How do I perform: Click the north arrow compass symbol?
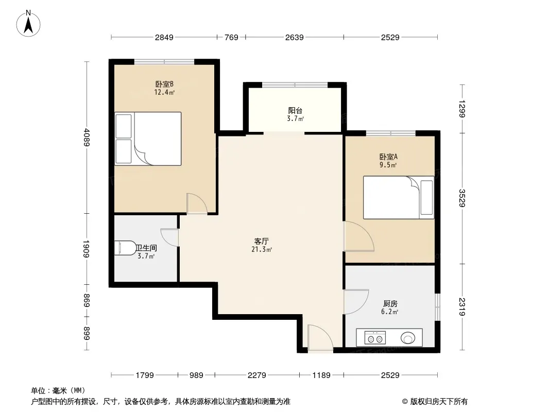(x=28, y=24)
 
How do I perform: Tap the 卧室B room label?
(x=165, y=84)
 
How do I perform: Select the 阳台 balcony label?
(x=295, y=111)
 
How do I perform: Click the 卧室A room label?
(x=388, y=157)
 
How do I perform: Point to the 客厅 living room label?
(x=262, y=241)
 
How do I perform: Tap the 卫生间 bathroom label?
(x=146, y=248)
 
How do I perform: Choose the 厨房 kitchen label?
(x=390, y=303)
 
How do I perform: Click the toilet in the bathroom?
(x=125, y=248)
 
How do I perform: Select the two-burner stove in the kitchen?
(x=375, y=338)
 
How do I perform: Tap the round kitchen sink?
(x=407, y=338)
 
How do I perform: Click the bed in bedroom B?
(x=148, y=139)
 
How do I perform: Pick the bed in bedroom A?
(x=399, y=197)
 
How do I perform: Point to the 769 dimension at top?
(x=231, y=37)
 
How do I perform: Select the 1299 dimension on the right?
(x=462, y=109)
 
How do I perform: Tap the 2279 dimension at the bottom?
(x=256, y=375)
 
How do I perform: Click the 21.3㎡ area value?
(x=262, y=250)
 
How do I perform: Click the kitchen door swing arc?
(x=356, y=302)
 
